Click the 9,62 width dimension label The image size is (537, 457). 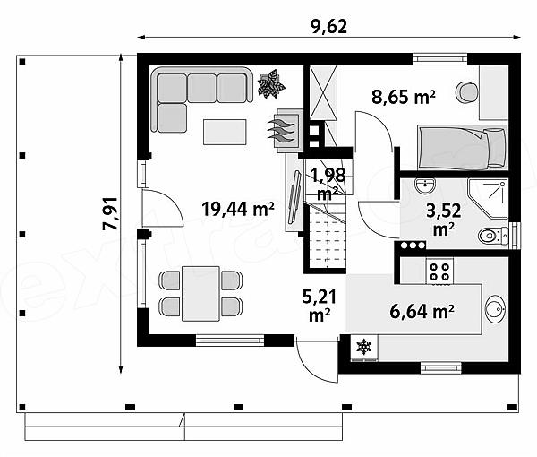pyautogui.click(x=329, y=27)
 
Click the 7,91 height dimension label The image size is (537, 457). pyautogui.click(x=111, y=213)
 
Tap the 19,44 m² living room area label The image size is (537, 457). pyautogui.click(x=238, y=209)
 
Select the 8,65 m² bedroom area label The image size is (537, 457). pyautogui.click(x=404, y=97)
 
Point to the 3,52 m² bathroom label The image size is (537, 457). pyautogui.click(x=444, y=220)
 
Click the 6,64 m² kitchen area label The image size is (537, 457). pyautogui.click(x=422, y=312)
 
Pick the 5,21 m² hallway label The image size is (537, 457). pyautogui.click(x=320, y=306)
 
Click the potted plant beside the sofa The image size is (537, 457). pyautogui.click(x=271, y=84)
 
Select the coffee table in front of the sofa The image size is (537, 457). pyautogui.click(x=225, y=132)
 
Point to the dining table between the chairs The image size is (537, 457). pyautogui.click(x=200, y=294)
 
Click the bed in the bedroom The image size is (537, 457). pyautogui.click(x=462, y=148)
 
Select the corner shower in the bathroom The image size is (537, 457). pyautogui.click(x=488, y=198)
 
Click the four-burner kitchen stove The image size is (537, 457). pyautogui.click(x=439, y=272)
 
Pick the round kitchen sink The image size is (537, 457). pyautogui.click(x=495, y=309)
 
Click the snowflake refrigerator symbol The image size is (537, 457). pyautogui.click(x=364, y=348)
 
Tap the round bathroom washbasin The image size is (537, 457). pyautogui.click(x=424, y=186)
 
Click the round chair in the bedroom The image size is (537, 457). pyautogui.click(x=466, y=91)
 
